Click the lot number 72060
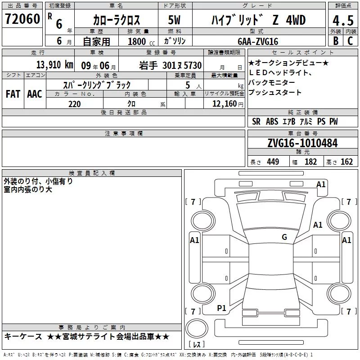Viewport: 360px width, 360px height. point(22,19)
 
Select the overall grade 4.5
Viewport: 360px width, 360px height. point(343,20)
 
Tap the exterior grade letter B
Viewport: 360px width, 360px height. point(336,40)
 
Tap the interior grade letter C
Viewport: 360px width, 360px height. point(350,40)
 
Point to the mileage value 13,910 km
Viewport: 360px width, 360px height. point(54,65)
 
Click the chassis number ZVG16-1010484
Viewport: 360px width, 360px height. point(302,143)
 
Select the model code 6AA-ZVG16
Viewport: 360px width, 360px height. point(258,41)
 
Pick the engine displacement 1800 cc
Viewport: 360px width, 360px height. point(141,41)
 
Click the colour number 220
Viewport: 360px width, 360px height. point(75,104)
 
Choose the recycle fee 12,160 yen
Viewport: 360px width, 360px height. point(228,104)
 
